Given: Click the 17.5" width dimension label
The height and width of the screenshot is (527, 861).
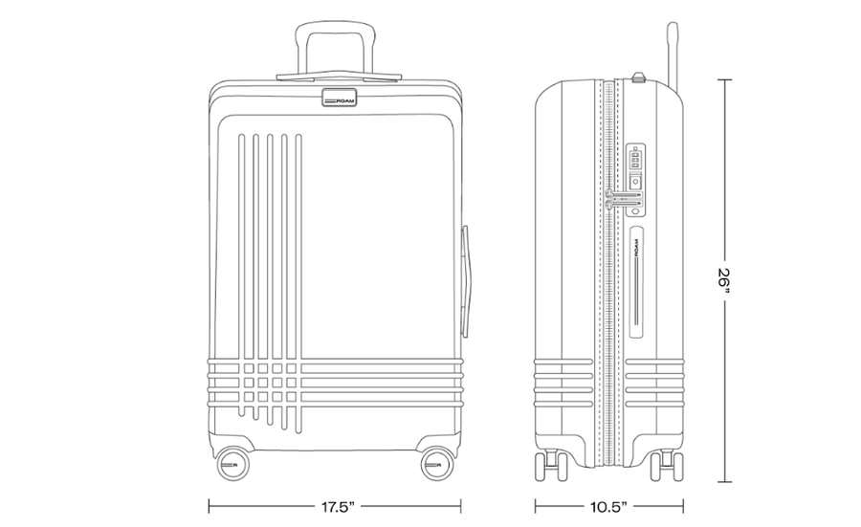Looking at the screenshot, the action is coord(339,507).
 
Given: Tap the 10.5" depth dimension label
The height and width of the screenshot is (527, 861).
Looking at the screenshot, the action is coord(609,507).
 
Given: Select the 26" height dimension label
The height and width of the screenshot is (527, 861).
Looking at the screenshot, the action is coord(725,281).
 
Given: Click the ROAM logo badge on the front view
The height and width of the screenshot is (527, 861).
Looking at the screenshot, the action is coord(339,98).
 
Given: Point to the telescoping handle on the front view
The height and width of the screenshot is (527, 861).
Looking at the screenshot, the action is coord(336,49).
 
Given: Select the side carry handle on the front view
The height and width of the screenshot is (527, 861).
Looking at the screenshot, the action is coord(465,280).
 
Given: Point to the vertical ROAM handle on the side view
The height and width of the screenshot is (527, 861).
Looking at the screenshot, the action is coord(636,280).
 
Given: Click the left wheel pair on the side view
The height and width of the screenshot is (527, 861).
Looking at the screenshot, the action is coord(551,466).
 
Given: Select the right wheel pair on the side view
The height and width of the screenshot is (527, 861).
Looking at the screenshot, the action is coord(667,466).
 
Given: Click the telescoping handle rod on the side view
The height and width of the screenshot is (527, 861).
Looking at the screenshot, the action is coord(673,54).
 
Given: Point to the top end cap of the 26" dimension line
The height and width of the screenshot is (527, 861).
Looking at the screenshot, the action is coord(725,80).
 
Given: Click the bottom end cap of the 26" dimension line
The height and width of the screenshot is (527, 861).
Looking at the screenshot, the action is coord(725,482).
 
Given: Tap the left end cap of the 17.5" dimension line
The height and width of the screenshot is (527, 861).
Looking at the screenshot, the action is coord(210,507).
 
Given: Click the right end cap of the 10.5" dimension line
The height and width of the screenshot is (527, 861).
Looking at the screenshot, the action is coord(683,507).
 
